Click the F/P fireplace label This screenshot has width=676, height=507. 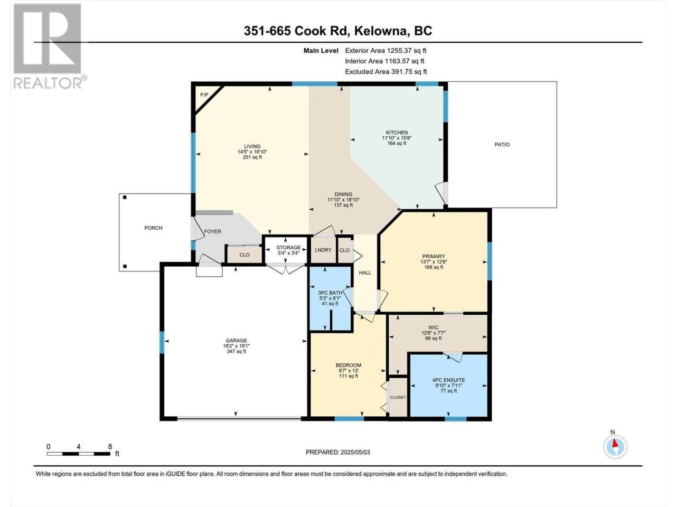tap(204, 95)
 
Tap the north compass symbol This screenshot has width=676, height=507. tap(615, 446)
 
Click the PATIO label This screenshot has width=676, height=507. tap(502, 144)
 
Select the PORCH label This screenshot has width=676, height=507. tap(153, 228)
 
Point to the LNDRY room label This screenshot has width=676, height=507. tap(323, 250)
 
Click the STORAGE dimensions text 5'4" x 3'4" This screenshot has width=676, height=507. tap(288, 253)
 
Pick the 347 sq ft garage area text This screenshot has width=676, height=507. tap(236, 351)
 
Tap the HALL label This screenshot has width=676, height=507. tap(365, 273)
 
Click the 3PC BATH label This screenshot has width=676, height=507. tap(330, 293)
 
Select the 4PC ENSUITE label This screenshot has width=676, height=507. tap(448, 380)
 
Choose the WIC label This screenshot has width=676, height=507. tap(433, 327)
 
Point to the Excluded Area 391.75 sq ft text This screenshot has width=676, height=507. tap(386, 71)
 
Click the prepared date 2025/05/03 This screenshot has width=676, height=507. tap(355, 452)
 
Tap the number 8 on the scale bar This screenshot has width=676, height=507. tap(110, 446)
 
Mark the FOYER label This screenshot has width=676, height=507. tap(212, 231)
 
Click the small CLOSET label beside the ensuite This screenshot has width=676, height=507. tap(398, 397)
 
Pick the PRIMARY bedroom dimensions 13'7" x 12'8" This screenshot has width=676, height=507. tap(433, 261)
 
